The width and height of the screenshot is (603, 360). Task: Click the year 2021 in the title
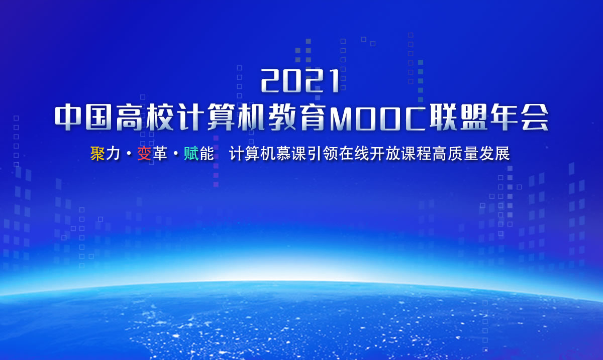(300, 81)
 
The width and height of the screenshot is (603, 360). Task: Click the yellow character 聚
(97, 154)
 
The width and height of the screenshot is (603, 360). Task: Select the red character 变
(144, 154)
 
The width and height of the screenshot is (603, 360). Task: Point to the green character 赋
(191, 154)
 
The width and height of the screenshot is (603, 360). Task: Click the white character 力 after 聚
(113, 154)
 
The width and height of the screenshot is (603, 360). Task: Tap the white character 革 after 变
(160, 154)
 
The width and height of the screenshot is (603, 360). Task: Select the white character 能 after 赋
(207, 154)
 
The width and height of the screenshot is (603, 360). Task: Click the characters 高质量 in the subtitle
(455, 154)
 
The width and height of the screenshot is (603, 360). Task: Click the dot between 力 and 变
(129, 154)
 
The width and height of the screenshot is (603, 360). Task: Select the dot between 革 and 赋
(175, 154)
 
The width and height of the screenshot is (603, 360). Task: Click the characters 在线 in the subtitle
(354, 154)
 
